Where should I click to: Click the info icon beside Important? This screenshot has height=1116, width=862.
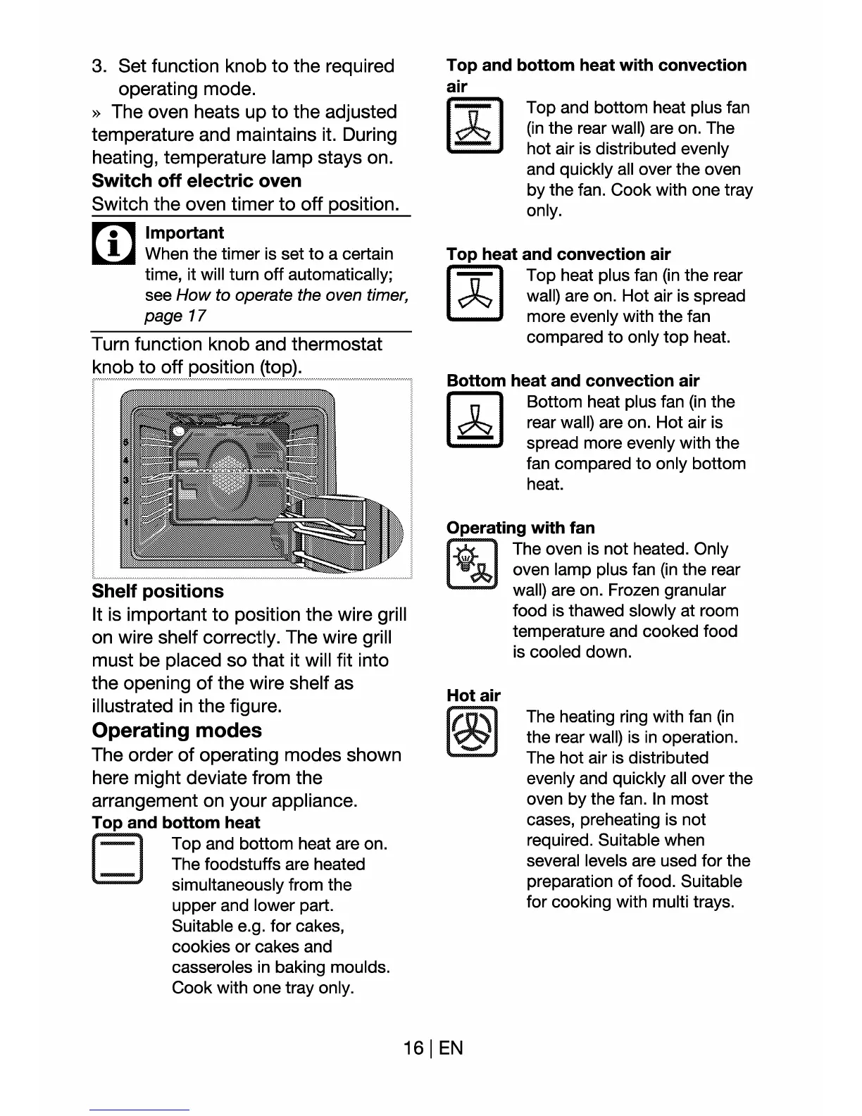pyautogui.click(x=113, y=243)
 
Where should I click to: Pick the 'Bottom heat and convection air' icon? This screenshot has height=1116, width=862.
pyautogui.click(x=474, y=421)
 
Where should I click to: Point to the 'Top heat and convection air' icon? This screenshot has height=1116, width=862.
pyautogui.click(x=474, y=294)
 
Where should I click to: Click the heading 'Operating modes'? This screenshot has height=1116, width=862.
pyautogui.click(x=177, y=730)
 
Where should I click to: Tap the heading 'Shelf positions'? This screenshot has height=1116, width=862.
pyautogui.click(x=158, y=591)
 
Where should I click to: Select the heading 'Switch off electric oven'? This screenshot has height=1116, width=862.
pyautogui.click(x=196, y=181)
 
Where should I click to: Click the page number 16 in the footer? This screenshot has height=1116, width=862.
pyautogui.click(x=413, y=1048)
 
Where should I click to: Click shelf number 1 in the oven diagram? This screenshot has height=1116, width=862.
pyautogui.click(x=126, y=522)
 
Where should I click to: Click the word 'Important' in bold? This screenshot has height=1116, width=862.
pyautogui.click(x=185, y=233)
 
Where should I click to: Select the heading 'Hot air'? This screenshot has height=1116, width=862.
pyautogui.click(x=473, y=695)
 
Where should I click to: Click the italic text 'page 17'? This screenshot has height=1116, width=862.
pyautogui.click(x=175, y=316)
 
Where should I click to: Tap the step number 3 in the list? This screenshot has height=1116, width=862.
pyautogui.click(x=99, y=66)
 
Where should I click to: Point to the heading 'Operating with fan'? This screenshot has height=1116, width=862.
pyautogui.click(x=520, y=528)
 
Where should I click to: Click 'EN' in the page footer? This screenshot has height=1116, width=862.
pyautogui.click(x=451, y=1048)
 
